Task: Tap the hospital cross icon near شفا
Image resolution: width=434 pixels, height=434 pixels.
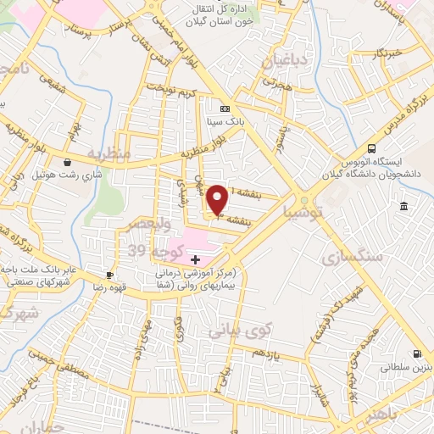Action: click(x=196, y=259)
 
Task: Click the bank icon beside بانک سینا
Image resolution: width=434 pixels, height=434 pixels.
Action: click(x=225, y=109)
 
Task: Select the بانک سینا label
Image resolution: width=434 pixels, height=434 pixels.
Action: click(x=225, y=122)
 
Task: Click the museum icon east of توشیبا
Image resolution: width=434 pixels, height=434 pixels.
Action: click(x=403, y=207)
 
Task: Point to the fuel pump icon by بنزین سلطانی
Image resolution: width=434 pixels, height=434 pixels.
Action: click(x=416, y=354)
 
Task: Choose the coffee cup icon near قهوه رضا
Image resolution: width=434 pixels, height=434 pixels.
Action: click(x=109, y=275)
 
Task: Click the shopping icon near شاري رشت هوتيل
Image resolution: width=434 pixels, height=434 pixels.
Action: click(x=67, y=161)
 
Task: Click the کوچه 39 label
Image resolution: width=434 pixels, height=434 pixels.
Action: click(x=148, y=251)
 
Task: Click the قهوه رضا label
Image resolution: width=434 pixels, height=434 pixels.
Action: click(x=110, y=288)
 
